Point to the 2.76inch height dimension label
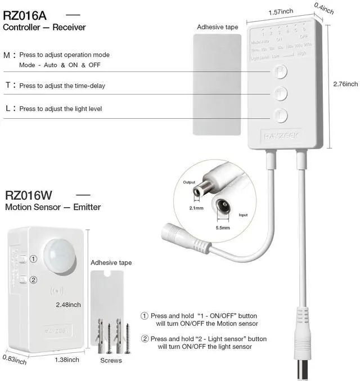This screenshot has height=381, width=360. [x=344, y=84]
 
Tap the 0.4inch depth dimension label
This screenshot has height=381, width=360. [x=324, y=8]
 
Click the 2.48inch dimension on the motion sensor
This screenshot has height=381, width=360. [x=68, y=304]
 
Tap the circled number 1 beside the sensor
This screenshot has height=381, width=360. [x=33, y=259]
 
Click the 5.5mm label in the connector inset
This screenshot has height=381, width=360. [x=222, y=228]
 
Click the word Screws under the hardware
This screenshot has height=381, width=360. [x=111, y=360]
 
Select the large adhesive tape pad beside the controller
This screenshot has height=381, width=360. [x=217, y=84]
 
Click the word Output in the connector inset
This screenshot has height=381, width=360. [x=189, y=182]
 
